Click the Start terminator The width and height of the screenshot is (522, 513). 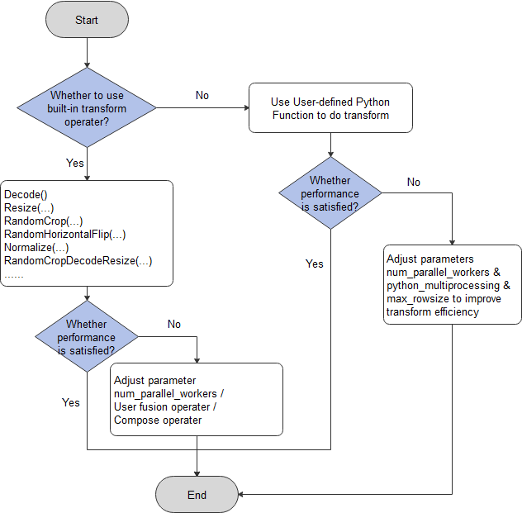(x=87, y=19)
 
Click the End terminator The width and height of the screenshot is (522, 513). (x=197, y=495)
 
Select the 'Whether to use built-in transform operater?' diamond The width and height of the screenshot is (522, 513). (x=87, y=107)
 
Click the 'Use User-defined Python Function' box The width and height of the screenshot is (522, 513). (x=330, y=108)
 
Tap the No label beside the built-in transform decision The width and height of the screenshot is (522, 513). (x=202, y=95)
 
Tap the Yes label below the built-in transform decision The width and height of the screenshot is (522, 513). (x=75, y=163)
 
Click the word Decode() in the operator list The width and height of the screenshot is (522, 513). (x=26, y=195)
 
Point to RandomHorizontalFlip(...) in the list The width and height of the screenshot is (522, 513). (x=64, y=235)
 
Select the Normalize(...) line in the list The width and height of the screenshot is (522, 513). (x=36, y=248)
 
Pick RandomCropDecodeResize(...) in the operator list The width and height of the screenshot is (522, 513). (x=78, y=261)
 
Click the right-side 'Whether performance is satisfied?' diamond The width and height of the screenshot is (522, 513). (x=330, y=192)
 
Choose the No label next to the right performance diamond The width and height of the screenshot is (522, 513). (x=414, y=181)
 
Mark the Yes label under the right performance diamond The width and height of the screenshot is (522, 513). (x=315, y=264)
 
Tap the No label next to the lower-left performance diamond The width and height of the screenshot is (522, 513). (x=174, y=324)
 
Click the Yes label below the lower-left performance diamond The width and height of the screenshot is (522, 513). (x=71, y=401)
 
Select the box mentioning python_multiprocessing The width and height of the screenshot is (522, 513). (x=453, y=285)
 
